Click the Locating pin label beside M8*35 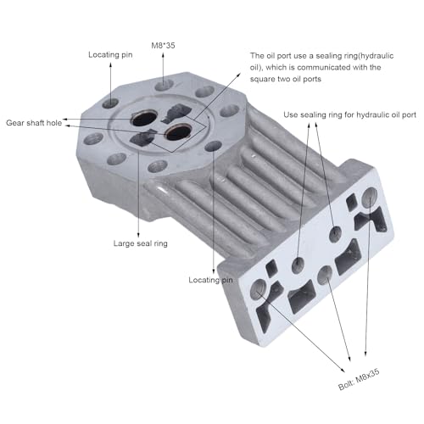pos(112,55)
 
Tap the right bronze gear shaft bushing pos(179,133)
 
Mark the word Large pos(126,244)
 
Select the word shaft pos(42,121)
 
